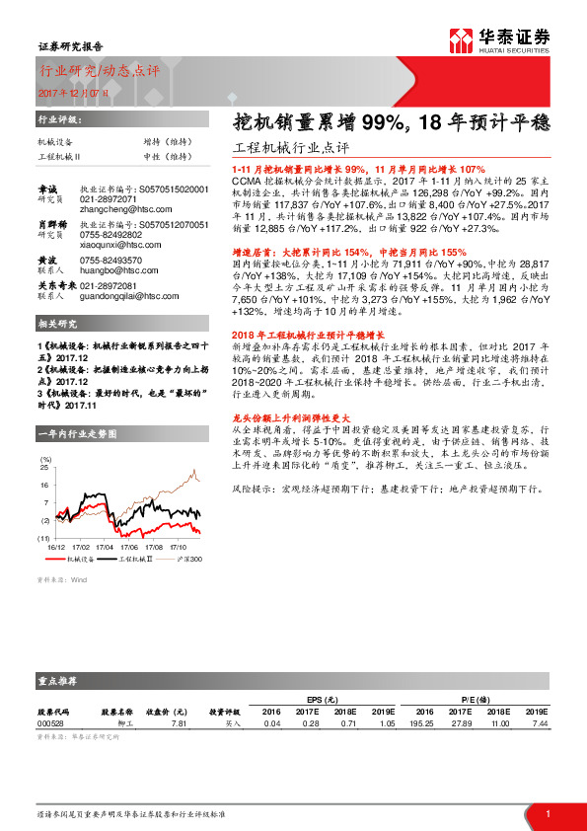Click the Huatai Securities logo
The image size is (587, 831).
click(x=512, y=38)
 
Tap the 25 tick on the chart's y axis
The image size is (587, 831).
click(x=45, y=470)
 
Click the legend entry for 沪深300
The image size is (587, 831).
click(x=189, y=560)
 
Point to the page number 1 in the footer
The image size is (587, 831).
click(x=548, y=812)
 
